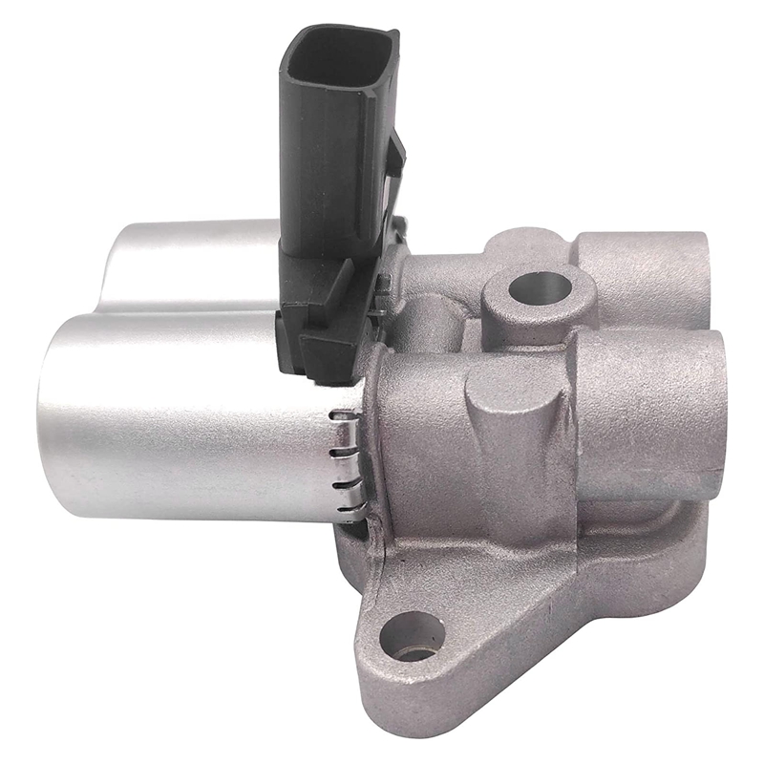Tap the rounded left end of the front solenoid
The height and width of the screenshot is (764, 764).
[53, 420]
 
